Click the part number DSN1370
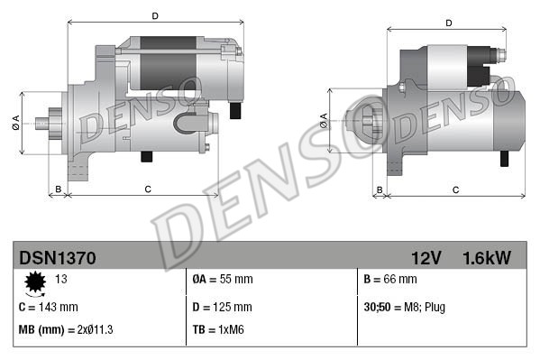pyautogui.click(x=57, y=258)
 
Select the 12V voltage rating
pyautogui.click(x=425, y=258)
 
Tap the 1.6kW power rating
pyautogui.click(x=486, y=258)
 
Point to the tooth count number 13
pyautogui.click(x=61, y=279)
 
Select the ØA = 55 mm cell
pyautogui.click(x=224, y=279)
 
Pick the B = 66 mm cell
pyautogui.click(x=391, y=279)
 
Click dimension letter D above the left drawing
pyautogui.click(x=155, y=15)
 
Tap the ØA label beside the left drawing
pyautogui.click(x=17, y=125)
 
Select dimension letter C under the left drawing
pyautogui.click(x=147, y=188)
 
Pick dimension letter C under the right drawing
pyautogui.click(x=455, y=189)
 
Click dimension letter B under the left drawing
pyautogui.click(x=58, y=188)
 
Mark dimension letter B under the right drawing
pyautogui.click(x=380, y=189)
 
